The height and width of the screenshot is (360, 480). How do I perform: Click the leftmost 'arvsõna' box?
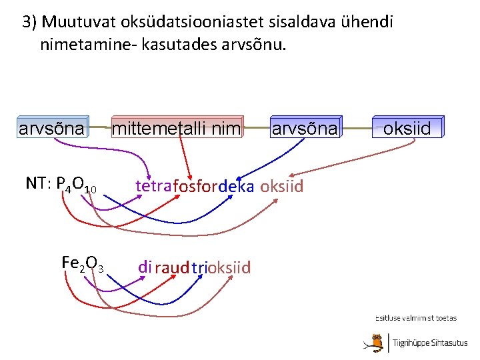coord(52,128)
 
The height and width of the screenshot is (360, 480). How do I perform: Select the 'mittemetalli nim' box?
coord(176,128)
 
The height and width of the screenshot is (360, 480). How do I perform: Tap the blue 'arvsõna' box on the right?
coord(304,128)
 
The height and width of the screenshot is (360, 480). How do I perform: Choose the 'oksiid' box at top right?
coord(407,128)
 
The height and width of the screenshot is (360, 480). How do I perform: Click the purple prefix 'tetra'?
coord(153,186)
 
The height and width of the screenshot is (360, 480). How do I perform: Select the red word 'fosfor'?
coord(194,187)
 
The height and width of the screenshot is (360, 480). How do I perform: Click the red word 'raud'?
coord(172,268)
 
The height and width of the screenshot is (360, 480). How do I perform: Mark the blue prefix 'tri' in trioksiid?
coord(199,268)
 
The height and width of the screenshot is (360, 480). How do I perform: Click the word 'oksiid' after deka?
coord(281,187)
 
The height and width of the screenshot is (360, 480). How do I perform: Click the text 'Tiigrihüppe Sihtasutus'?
coord(430,343)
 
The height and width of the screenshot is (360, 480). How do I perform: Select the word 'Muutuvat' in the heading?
coord(78,22)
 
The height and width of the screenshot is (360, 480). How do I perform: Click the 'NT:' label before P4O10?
coord(39,183)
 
